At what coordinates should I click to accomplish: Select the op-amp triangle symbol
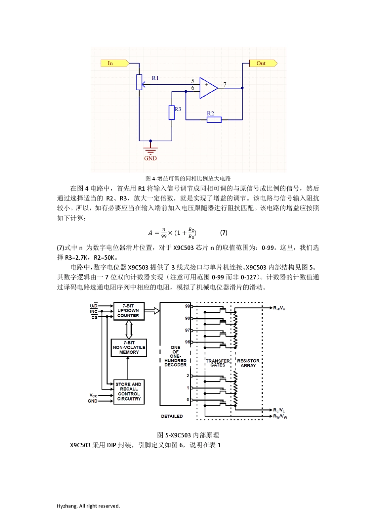[x=208, y=88]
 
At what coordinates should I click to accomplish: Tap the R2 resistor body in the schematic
[x=214, y=119]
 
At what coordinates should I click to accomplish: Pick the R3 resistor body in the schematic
[x=172, y=112]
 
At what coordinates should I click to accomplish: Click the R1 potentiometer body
[x=139, y=82]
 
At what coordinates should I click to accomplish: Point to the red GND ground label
[x=150, y=158]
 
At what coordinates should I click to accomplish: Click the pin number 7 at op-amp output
[x=225, y=85]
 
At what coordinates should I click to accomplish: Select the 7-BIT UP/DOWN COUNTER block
[x=129, y=311]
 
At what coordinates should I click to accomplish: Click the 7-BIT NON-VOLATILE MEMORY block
[x=129, y=348]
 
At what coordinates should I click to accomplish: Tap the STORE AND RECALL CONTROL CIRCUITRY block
[x=129, y=391]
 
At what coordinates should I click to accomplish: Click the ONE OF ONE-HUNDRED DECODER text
[x=175, y=356]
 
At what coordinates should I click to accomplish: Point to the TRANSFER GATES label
[x=218, y=363]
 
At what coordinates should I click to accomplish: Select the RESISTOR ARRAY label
[x=248, y=363]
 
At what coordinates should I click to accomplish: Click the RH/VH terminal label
[x=279, y=308]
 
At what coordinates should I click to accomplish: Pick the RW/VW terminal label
[x=280, y=416]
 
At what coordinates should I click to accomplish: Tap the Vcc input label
[x=93, y=395]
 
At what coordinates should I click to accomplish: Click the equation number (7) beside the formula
[x=224, y=232]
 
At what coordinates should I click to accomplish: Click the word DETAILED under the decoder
[x=172, y=416]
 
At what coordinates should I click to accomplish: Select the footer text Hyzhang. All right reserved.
[x=88, y=506]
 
